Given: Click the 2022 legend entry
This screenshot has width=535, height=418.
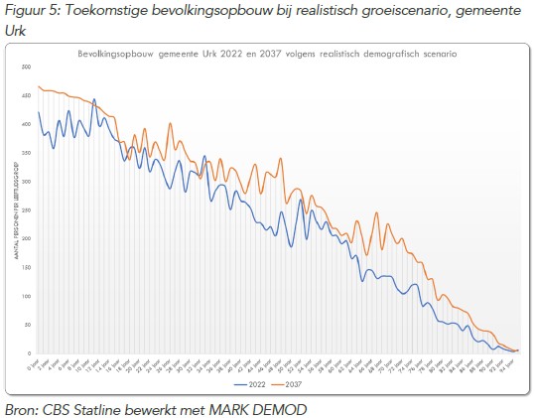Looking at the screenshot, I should pyautogui.click(x=253, y=382).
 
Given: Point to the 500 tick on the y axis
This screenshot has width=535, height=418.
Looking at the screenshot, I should pyautogui.click(x=26, y=67).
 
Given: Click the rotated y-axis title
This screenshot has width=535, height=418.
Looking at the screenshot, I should pyautogui.click(x=16, y=209).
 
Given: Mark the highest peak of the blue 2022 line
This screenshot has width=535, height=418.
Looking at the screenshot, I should pyautogui.click(x=94, y=100).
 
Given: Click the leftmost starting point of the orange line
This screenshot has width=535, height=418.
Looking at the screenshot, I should pyautogui.click(x=39, y=86).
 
